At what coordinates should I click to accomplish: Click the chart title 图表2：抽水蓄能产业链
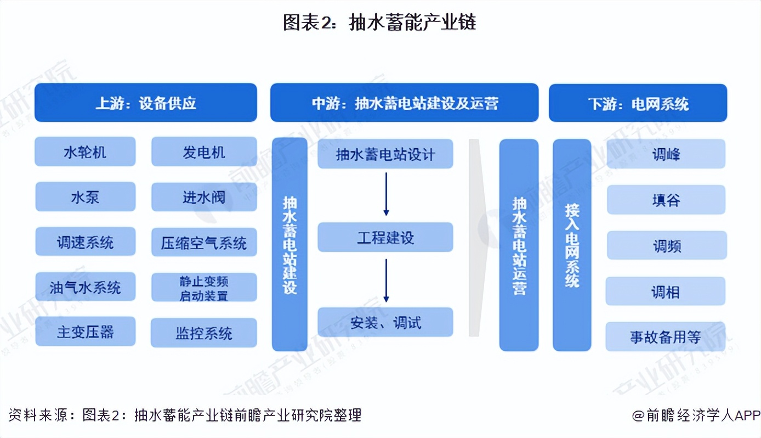[x=379, y=22]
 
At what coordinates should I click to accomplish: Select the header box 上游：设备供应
[x=145, y=103]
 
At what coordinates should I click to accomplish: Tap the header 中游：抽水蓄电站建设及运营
[x=404, y=103]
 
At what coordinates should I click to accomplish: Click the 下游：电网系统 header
[x=638, y=103]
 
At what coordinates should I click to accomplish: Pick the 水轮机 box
[x=85, y=151]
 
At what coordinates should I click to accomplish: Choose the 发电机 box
[x=204, y=151]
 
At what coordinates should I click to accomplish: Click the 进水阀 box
[x=204, y=197]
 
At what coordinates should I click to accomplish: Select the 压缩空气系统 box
[x=204, y=243]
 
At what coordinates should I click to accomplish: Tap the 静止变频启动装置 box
[x=204, y=288]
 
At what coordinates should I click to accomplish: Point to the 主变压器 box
[x=85, y=332]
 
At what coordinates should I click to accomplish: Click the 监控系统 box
[x=204, y=333]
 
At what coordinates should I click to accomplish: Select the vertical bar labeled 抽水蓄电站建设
[x=289, y=244]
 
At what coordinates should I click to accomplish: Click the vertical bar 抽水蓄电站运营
[x=519, y=244]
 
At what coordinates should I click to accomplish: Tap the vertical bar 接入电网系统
[x=572, y=244]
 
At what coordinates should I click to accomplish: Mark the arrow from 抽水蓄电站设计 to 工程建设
[x=386, y=194]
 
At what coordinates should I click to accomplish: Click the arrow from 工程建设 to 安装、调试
[x=386, y=280]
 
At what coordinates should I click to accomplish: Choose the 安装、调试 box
[x=385, y=322]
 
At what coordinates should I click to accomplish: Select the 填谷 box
[x=666, y=200]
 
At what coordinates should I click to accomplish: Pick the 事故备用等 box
[x=665, y=336]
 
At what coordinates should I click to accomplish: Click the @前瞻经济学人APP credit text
[x=696, y=415]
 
